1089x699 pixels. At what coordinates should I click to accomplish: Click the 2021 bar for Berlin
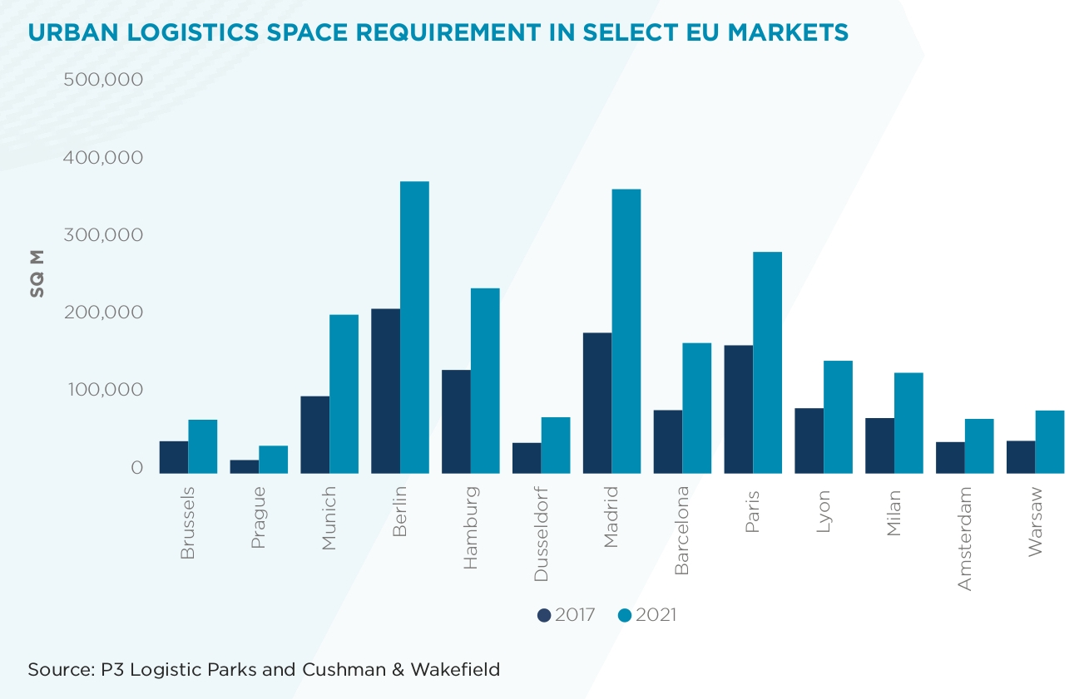pyautogui.click(x=414, y=327)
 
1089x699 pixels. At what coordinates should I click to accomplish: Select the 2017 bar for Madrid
pyautogui.click(x=597, y=403)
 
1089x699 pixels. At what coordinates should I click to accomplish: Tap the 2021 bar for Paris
pyautogui.click(x=767, y=362)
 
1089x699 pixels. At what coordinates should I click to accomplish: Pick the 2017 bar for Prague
pyautogui.click(x=245, y=466)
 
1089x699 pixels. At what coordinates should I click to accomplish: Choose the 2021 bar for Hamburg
pyautogui.click(x=485, y=381)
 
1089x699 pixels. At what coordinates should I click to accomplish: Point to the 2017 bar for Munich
pyautogui.click(x=314, y=435)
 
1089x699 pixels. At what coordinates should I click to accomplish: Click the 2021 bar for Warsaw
pyautogui.click(x=1050, y=442)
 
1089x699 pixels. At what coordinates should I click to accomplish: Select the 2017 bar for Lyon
pyautogui.click(x=809, y=441)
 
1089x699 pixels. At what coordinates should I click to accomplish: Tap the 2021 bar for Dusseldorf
pyautogui.click(x=556, y=445)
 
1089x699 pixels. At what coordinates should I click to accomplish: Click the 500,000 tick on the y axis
pyautogui.click(x=103, y=80)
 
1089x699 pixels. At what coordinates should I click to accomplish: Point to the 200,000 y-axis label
pyautogui.click(x=103, y=313)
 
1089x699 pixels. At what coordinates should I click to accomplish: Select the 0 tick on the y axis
pyautogui.click(x=136, y=468)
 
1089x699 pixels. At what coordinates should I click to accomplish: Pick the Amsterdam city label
pyautogui.click(x=965, y=539)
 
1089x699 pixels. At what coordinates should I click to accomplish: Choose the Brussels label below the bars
pyautogui.click(x=188, y=523)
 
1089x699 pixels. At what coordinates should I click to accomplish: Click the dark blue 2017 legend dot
pyautogui.click(x=545, y=615)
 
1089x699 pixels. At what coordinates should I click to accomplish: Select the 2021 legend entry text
pyautogui.click(x=656, y=615)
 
